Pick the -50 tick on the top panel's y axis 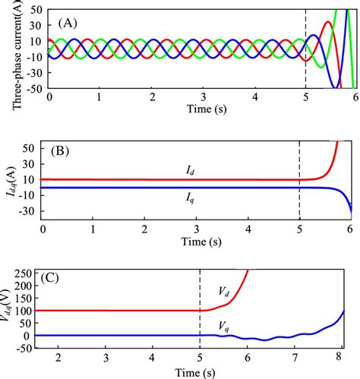click(x=33, y=90)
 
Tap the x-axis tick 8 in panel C click(x=343, y=356)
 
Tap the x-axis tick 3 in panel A click(x=202, y=98)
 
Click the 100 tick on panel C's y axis click(x=30, y=311)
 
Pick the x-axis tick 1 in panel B click(x=94, y=229)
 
